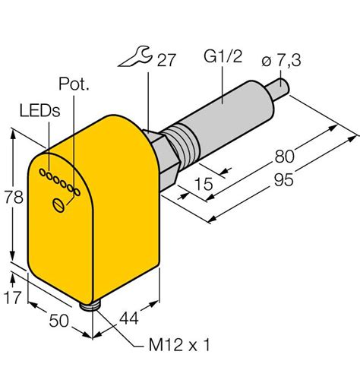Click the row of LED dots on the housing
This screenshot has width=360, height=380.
(x=61, y=181)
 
